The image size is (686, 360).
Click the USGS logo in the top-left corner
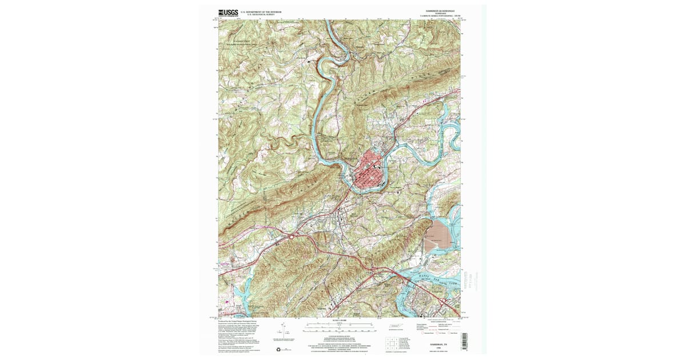point(228,13)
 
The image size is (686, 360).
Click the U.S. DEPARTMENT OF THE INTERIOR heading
point(261,11)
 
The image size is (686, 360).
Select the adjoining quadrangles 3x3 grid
point(393,342)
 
